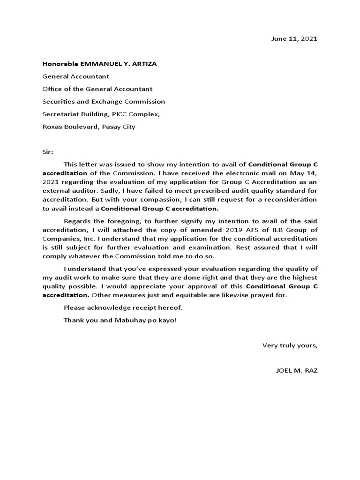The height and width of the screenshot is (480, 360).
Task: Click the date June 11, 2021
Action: click(294, 39)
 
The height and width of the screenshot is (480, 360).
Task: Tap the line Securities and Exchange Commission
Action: click(104, 101)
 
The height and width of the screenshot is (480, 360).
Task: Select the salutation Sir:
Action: click(48, 152)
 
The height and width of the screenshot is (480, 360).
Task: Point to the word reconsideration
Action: click(293, 199)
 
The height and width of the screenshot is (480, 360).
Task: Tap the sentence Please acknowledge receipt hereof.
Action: click(122, 307)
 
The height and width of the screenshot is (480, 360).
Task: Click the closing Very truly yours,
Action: click(290, 345)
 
